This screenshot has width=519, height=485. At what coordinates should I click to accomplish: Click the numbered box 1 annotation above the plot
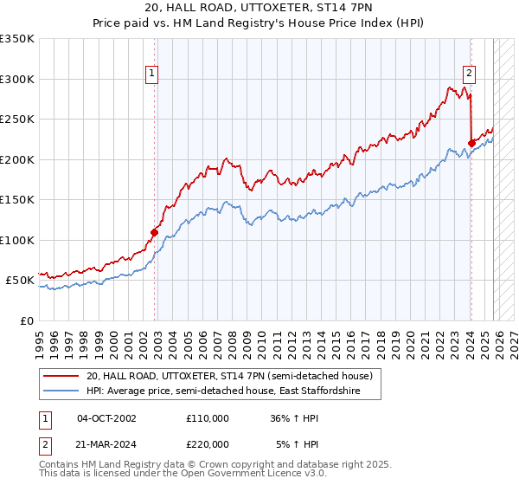[x=151, y=74]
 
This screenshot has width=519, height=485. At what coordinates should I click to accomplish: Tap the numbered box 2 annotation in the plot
[x=469, y=74]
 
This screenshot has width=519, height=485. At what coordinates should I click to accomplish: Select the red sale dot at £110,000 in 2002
[x=155, y=232]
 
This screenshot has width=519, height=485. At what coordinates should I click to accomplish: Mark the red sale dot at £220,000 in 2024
[x=471, y=144]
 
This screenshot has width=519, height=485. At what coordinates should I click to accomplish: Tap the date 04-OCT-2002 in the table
[x=106, y=418]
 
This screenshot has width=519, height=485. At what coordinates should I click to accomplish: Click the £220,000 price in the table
[x=207, y=444]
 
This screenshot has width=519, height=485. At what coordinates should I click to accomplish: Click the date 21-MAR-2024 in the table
[x=106, y=444]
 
